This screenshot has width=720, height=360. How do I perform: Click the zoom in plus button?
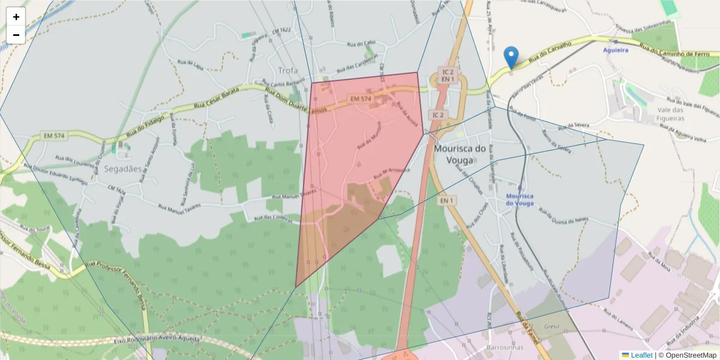pos(16,17)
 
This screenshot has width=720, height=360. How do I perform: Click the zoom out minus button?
pos(16,35)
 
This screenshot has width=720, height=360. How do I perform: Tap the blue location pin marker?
pos(511,58)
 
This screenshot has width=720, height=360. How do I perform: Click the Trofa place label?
pos(287,71)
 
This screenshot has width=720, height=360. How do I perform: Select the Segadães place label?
pos(122,169)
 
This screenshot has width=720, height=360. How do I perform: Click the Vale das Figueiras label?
pos(671,114)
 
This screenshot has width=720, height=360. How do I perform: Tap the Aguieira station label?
pos(616,50)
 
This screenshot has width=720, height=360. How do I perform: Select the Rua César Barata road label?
pos(216,98)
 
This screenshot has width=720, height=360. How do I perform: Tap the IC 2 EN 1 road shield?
pos(447,74)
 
